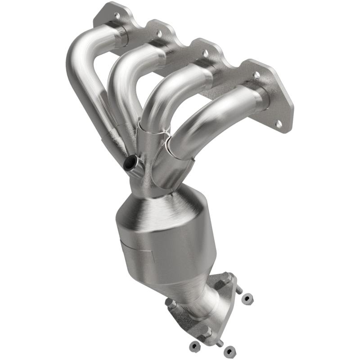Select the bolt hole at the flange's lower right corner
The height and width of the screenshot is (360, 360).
pos(279,123)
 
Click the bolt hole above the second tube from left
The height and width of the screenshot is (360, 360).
pos(159,33)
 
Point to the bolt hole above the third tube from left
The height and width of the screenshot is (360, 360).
pos(206,53)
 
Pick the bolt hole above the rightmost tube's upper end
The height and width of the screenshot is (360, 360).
pos(256,75)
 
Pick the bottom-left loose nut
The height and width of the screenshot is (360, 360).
pos(194,345)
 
